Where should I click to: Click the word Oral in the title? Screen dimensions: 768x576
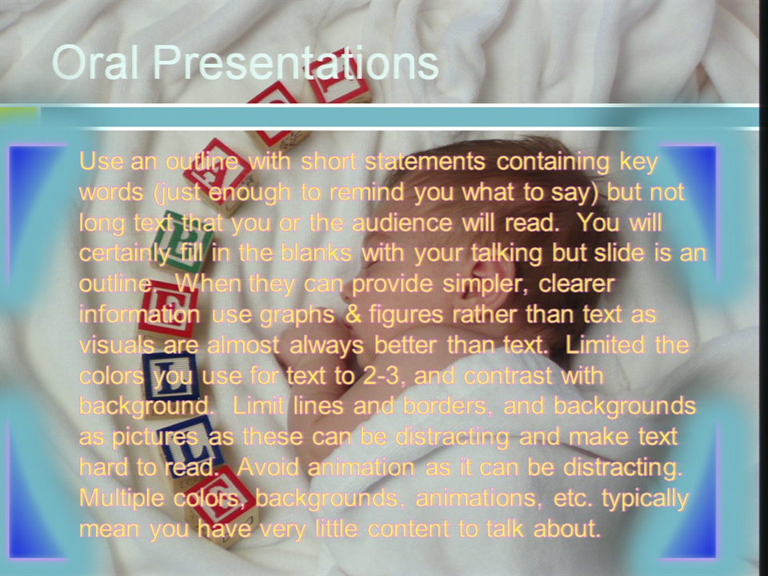pos(95,62)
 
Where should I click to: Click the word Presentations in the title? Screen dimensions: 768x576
pos(296,62)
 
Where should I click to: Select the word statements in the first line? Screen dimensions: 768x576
pos(425,161)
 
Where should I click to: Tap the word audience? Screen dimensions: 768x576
pos(402,223)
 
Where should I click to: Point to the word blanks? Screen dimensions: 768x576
pos(317,254)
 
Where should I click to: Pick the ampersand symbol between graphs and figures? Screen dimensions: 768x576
pos(353,314)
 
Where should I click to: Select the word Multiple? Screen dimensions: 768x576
pos(122,499)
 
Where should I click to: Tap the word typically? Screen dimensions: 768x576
pos(645,499)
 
